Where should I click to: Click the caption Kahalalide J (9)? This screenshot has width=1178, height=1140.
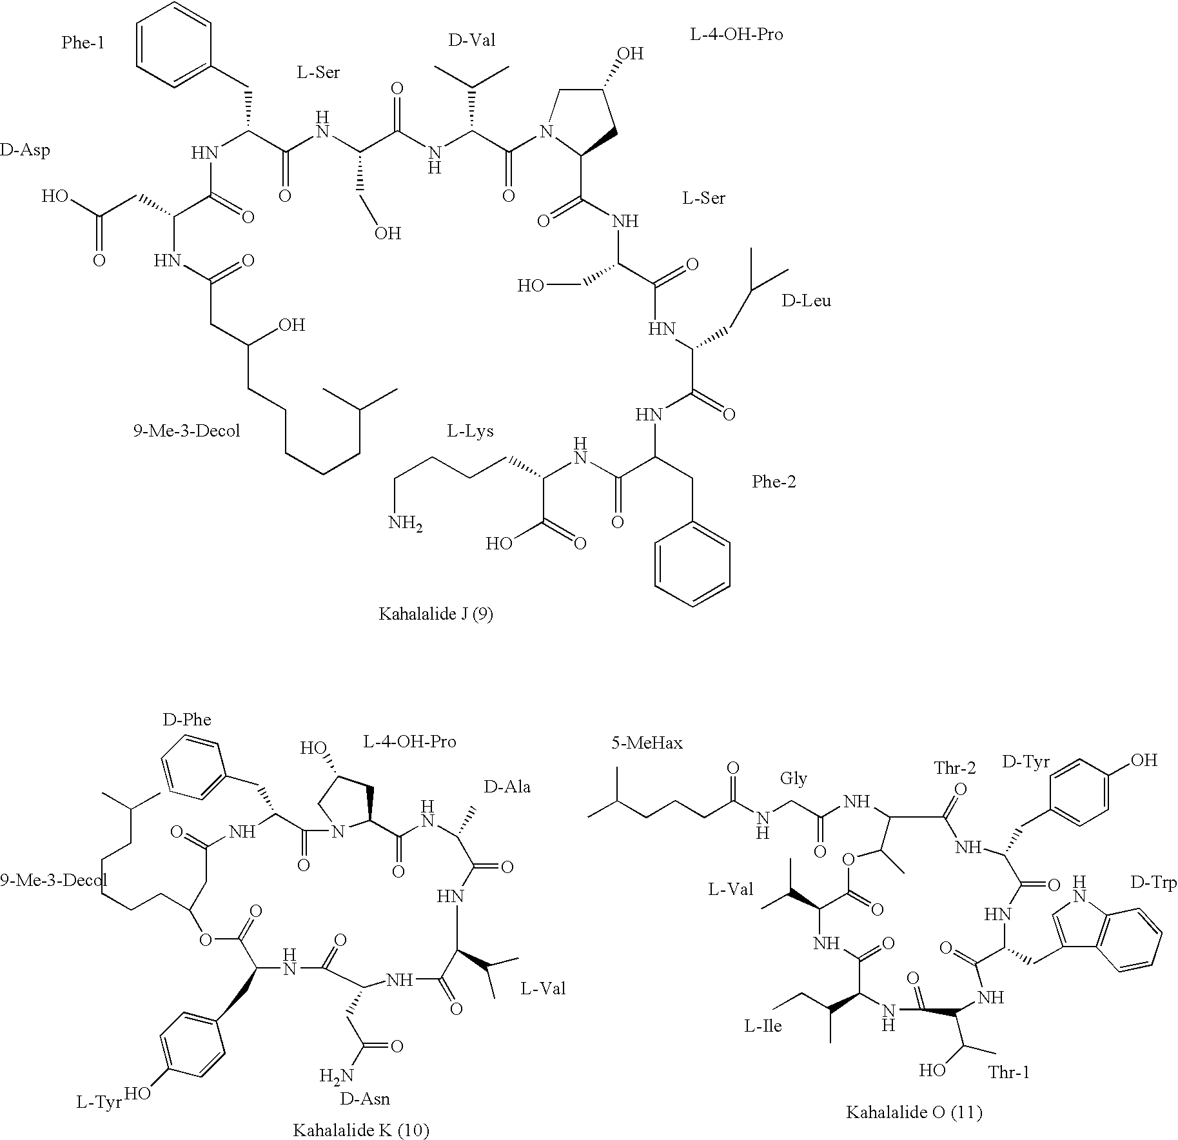click(435, 614)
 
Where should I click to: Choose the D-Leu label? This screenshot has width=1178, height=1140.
click(806, 301)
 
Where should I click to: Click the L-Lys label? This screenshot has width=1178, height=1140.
click(470, 431)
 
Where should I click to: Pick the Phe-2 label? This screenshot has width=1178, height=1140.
click(774, 482)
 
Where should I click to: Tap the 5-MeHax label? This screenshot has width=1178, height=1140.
click(647, 743)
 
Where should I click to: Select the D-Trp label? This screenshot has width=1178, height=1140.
click(1153, 883)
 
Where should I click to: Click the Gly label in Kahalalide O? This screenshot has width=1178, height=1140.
click(793, 779)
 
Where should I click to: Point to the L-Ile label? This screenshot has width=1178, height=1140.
click(763, 1026)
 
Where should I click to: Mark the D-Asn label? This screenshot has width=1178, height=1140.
click(366, 1098)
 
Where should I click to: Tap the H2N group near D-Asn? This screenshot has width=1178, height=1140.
click(336, 1076)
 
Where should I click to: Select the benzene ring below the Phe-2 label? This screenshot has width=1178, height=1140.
click(692, 565)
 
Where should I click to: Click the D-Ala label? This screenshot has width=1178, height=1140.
click(507, 787)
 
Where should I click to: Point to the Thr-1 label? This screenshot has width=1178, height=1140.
click(1008, 1072)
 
